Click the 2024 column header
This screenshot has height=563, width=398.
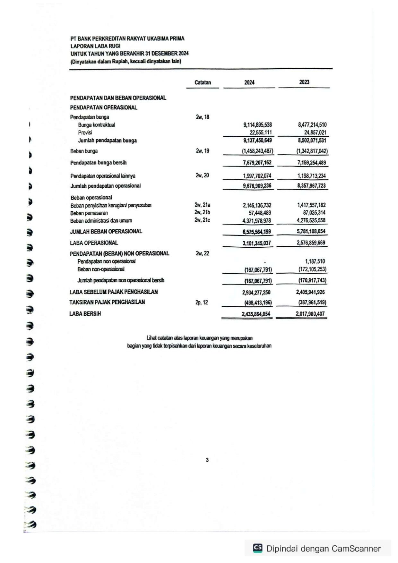(249, 82)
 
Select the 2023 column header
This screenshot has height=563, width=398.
(304, 82)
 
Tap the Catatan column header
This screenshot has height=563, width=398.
(203, 82)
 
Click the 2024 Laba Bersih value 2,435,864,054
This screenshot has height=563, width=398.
(256, 314)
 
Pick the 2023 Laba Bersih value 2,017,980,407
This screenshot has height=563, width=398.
(310, 314)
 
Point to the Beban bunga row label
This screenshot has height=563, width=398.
(84, 151)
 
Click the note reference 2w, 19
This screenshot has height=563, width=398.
(203, 151)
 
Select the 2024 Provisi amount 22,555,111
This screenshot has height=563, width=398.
(261, 132)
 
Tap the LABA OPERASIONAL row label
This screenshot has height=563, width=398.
(94, 243)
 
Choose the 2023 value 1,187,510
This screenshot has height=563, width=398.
(315, 261)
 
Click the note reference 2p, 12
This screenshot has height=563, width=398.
(202, 302)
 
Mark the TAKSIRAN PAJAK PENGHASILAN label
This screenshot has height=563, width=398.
(107, 302)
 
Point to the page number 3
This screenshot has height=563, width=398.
(207, 460)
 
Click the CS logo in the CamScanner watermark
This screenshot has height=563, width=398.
(258, 548)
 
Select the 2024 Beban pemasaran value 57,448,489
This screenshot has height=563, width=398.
(260, 213)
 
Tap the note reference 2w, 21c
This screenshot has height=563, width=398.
(202, 220)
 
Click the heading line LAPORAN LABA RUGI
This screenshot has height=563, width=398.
(95, 46)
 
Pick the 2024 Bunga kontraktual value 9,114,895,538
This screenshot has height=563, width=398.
(257, 125)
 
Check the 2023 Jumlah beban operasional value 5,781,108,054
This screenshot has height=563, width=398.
(311, 231)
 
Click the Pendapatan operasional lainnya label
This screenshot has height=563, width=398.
(103, 176)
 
